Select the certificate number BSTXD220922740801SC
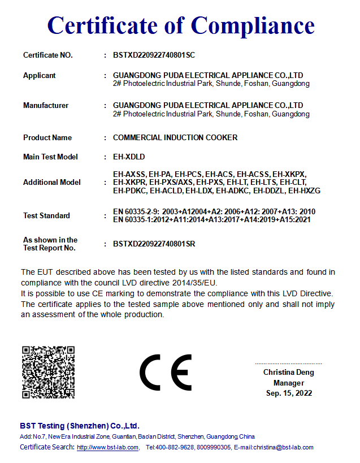pos(154,55)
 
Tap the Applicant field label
pos(40,76)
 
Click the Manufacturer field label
pos(46,106)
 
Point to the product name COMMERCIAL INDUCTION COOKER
pos(175,138)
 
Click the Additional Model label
pos(52,183)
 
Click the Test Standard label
pos(47,216)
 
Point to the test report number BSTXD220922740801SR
pos(154,244)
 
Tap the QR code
pos(48,372)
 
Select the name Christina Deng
pos(289,373)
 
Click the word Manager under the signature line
pos(289,383)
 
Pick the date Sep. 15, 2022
pos(289,393)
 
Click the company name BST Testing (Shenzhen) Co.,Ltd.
pos(80,426)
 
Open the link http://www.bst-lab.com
pos(108,448)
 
